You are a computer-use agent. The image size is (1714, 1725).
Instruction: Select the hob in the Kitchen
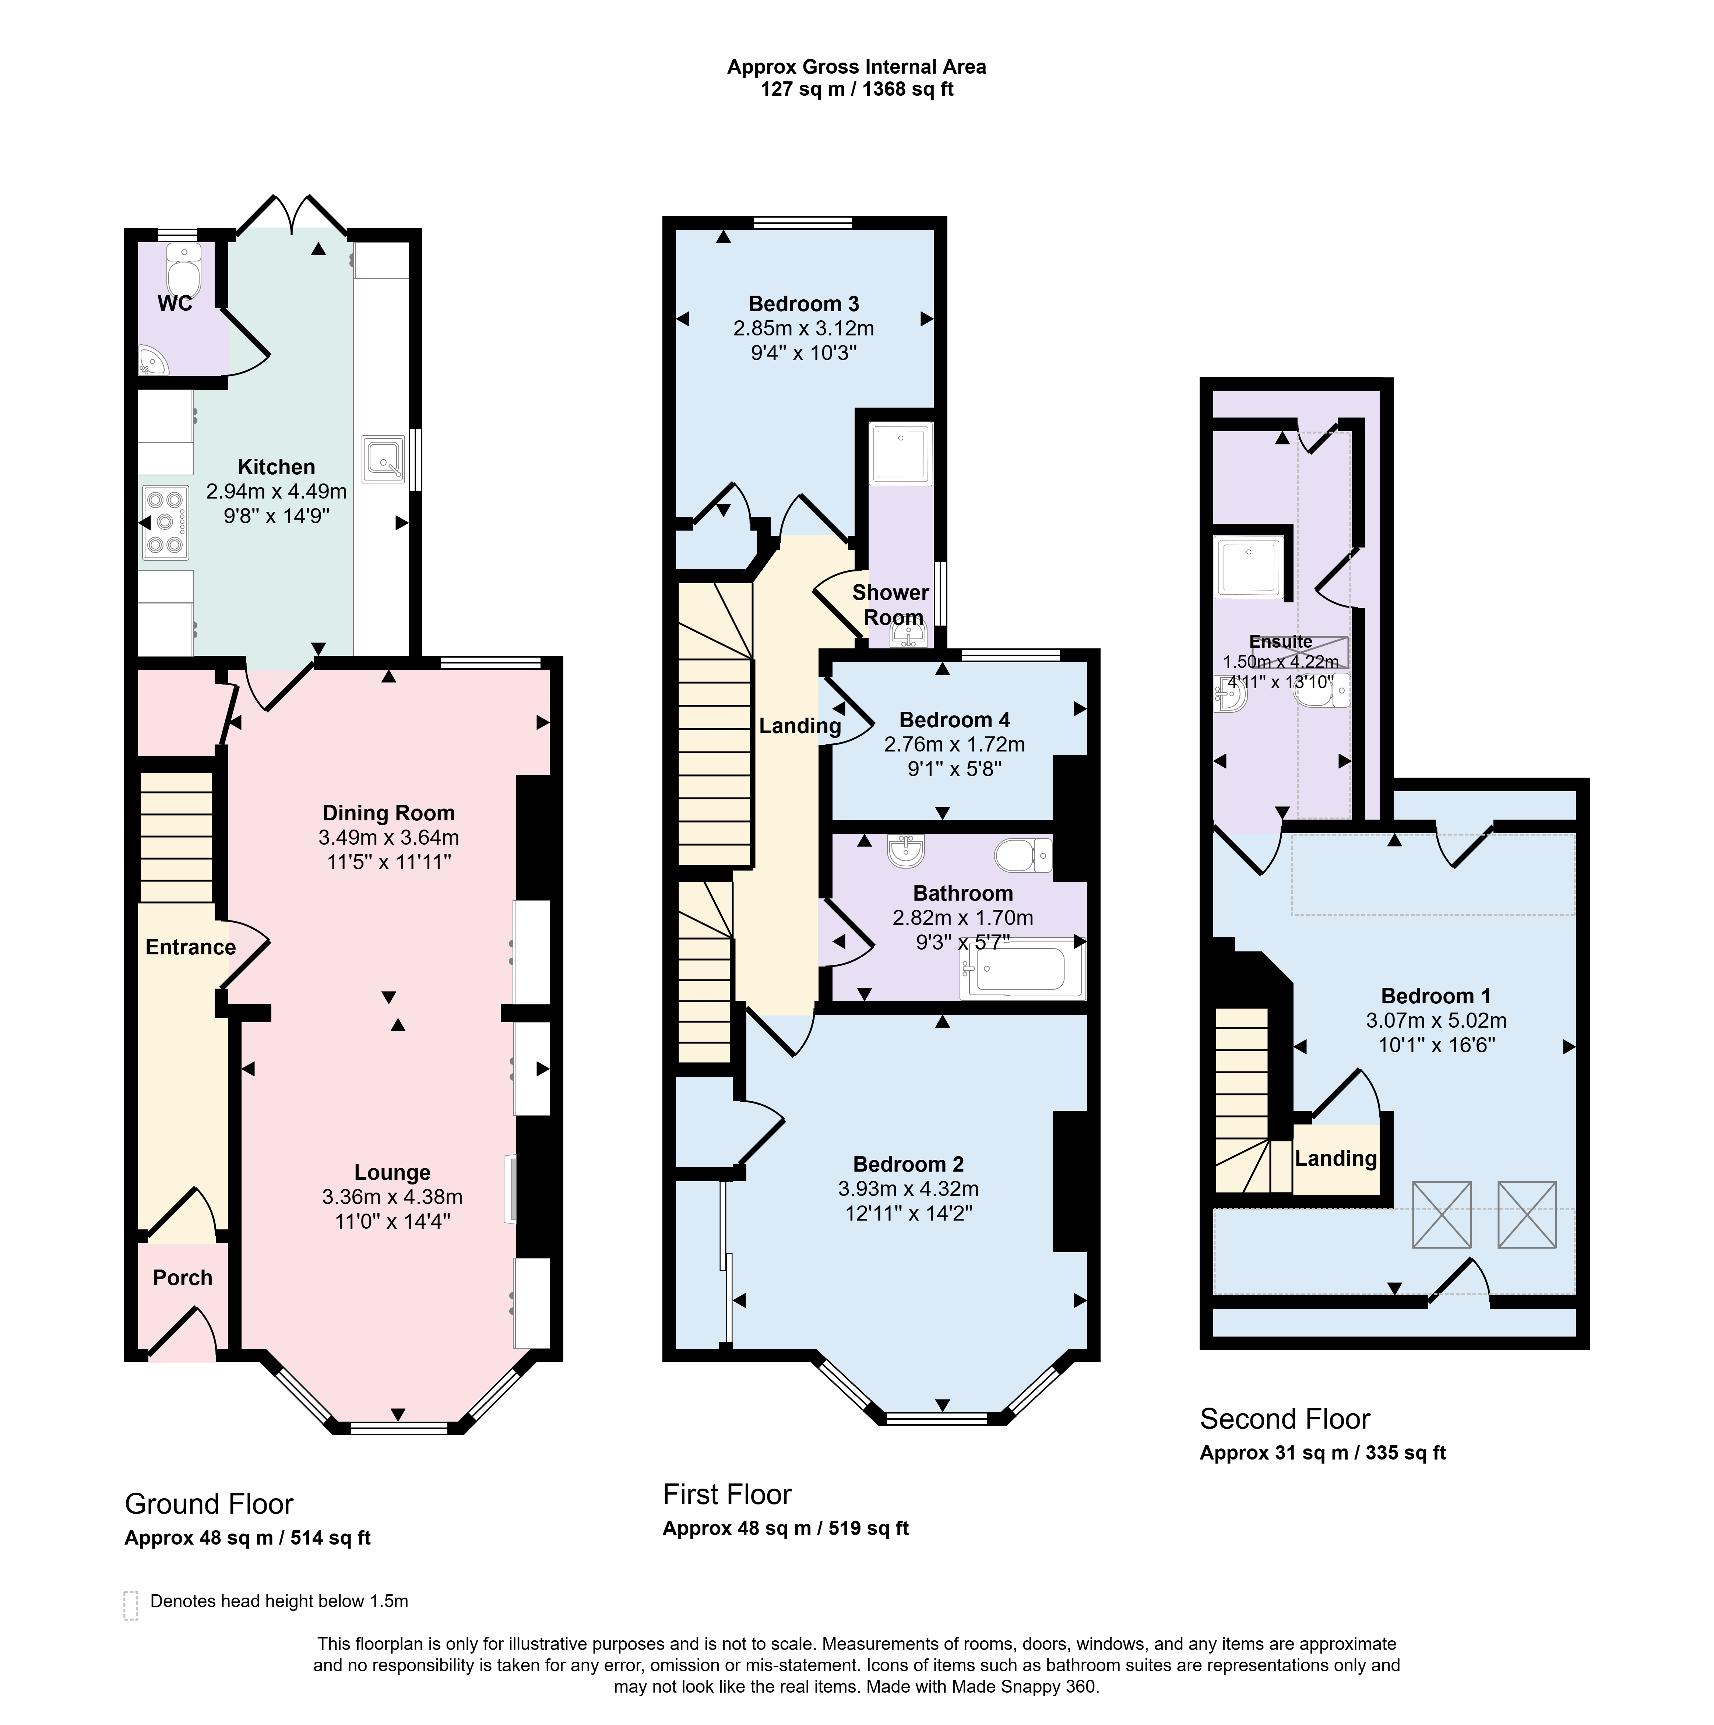tap(165, 522)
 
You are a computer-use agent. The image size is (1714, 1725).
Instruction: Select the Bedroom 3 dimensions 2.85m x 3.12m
tap(803, 328)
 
